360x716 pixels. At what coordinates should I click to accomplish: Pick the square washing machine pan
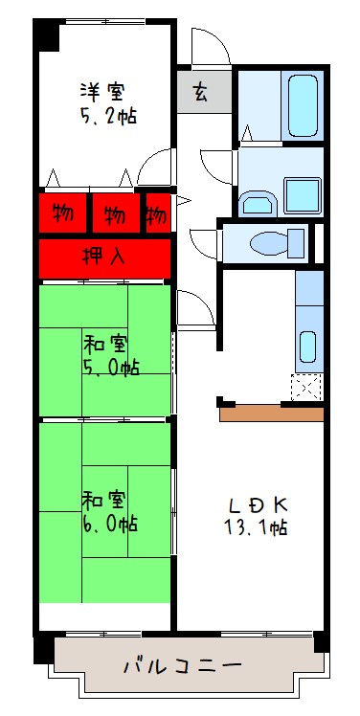coord(301,195)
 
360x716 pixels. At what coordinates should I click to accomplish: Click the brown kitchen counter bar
coord(272,414)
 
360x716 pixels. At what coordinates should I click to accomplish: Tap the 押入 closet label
coord(104,257)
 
